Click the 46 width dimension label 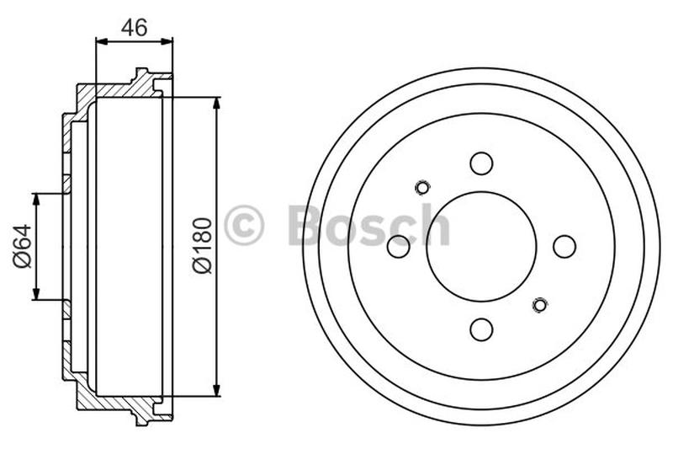pyautogui.click(x=135, y=27)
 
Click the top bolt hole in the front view pyautogui.click(x=481, y=163)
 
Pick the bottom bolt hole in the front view pyautogui.click(x=481, y=329)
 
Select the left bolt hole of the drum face pyautogui.click(x=398, y=247)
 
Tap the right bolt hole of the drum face pyautogui.click(x=564, y=247)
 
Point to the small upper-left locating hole pyautogui.click(x=422, y=187)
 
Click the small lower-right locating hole pyautogui.click(x=540, y=304)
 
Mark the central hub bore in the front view pyautogui.click(x=481, y=246)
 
